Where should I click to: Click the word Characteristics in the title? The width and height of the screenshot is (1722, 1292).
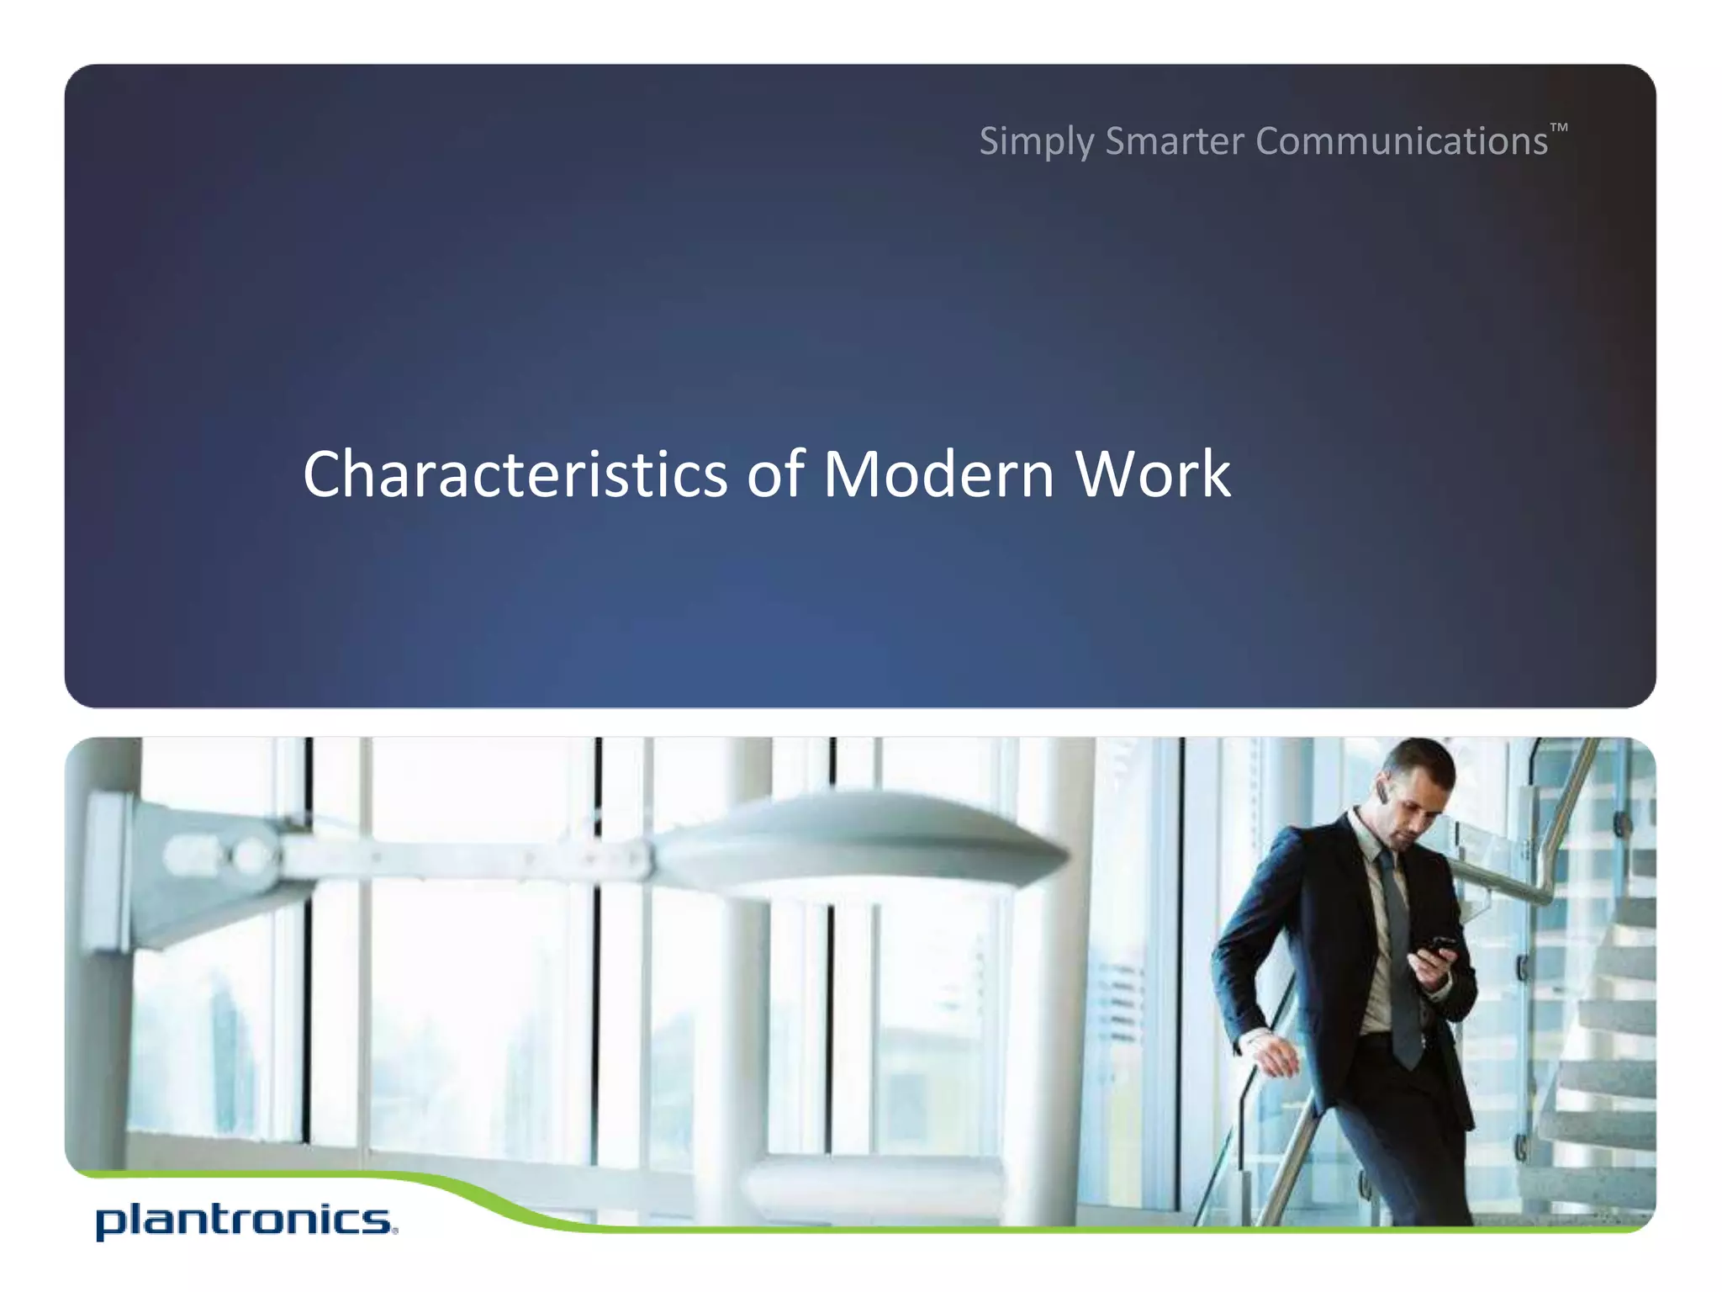pos(515,474)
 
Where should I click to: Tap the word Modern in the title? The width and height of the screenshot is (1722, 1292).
pos(938,474)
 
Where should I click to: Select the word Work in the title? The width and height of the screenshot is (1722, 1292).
pos(1153,474)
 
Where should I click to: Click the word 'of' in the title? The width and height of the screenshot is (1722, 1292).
pos(775,474)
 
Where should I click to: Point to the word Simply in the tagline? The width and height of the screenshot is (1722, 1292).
pos(1036,141)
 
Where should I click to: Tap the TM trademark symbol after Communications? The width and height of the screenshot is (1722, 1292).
pos(1558,128)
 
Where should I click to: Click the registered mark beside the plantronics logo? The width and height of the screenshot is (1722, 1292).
pos(394,1231)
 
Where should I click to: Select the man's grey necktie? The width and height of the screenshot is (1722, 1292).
pos(1397,950)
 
